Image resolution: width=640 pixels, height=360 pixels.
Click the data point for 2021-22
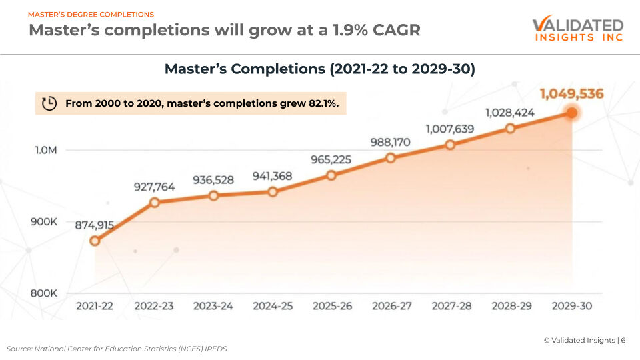coord(95,241)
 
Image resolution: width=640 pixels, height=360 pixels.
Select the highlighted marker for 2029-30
coord(571,113)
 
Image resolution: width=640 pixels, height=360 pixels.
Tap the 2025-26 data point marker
coord(331,175)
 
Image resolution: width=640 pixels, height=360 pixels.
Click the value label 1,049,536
coord(571,94)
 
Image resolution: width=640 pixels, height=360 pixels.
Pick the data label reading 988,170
coord(390,142)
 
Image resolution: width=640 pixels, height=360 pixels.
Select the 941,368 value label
coord(273,176)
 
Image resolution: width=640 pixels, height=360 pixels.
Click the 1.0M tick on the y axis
coord(46,151)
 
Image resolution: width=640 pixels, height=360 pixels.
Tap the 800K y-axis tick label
coord(45,293)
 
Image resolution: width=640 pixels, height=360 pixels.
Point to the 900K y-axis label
coord(45,221)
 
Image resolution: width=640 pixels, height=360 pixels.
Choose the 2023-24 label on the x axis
coord(213,306)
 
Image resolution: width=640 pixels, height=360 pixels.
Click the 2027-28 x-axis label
coord(451,306)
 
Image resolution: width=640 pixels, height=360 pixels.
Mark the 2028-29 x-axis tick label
coord(511,306)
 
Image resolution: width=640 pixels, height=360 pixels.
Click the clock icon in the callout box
coord(49,103)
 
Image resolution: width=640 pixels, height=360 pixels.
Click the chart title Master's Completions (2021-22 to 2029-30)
coord(319,69)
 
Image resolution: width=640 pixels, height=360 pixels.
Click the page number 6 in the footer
coord(623,340)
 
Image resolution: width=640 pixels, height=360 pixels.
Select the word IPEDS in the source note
coord(215,349)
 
